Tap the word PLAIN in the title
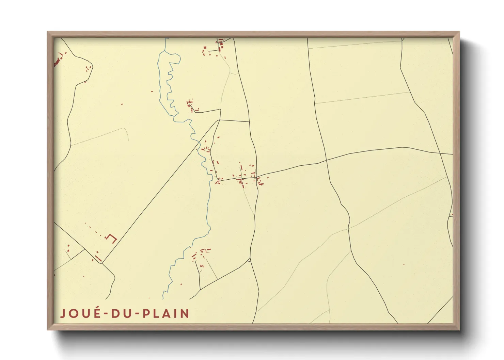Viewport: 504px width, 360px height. pyautogui.click(x=166, y=313)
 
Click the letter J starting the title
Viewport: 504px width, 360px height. pyautogui.click(x=63, y=313)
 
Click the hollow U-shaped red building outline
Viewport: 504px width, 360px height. pyautogui.click(x=111, y=238)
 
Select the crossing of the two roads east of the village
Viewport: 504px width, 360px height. pyautogui.click(x=327, y=160)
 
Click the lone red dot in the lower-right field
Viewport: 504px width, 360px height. pyautogui.click(x=404, y=264)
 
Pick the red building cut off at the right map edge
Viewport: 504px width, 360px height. pyautogui.click(x=452, y=215)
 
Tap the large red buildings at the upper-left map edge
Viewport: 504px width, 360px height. pyautogui.click(x=57, y=63)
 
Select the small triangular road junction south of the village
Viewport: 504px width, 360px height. pyautogui.click(x=249, y=260)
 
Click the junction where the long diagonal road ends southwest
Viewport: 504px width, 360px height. pyautogui.click(x=103, y=263)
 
